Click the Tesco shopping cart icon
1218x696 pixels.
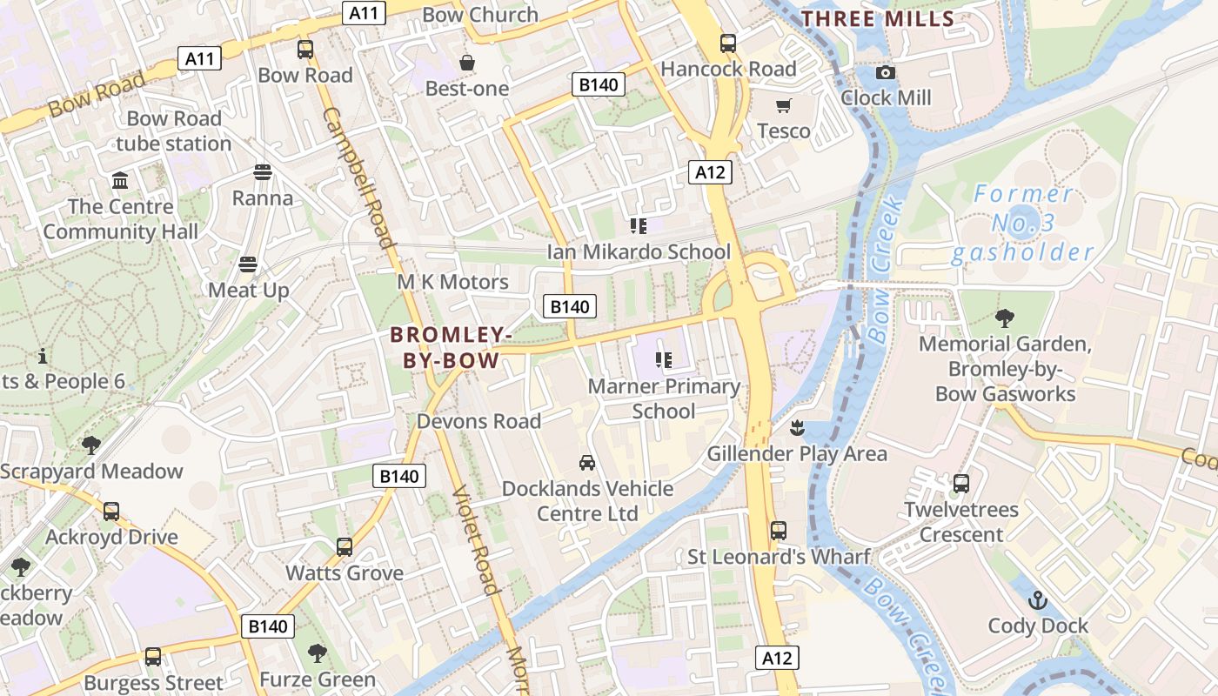point(784,106)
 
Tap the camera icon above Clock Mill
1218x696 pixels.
point(886,73)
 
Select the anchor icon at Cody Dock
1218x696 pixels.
point(1038,600)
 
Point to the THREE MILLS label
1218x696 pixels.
point(877,18)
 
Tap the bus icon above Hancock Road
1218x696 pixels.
point(728,43)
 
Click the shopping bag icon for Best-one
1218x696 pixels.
point(467,64)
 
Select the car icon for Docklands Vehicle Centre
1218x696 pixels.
point(587,463)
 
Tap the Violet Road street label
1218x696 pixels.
point(476,539)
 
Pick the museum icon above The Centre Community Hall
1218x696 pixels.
point(120,181)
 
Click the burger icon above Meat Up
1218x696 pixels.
point(248,264)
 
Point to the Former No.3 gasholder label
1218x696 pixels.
point(1022,224)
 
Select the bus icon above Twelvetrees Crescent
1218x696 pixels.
point(961,484)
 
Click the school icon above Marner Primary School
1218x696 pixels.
point(664,360)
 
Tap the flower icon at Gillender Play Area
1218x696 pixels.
point(796,428)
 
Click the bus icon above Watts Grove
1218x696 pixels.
point(345,547)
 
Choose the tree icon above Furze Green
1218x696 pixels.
point(318,653)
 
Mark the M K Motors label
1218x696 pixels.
point(452,282)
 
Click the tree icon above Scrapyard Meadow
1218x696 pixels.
point(91,445)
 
